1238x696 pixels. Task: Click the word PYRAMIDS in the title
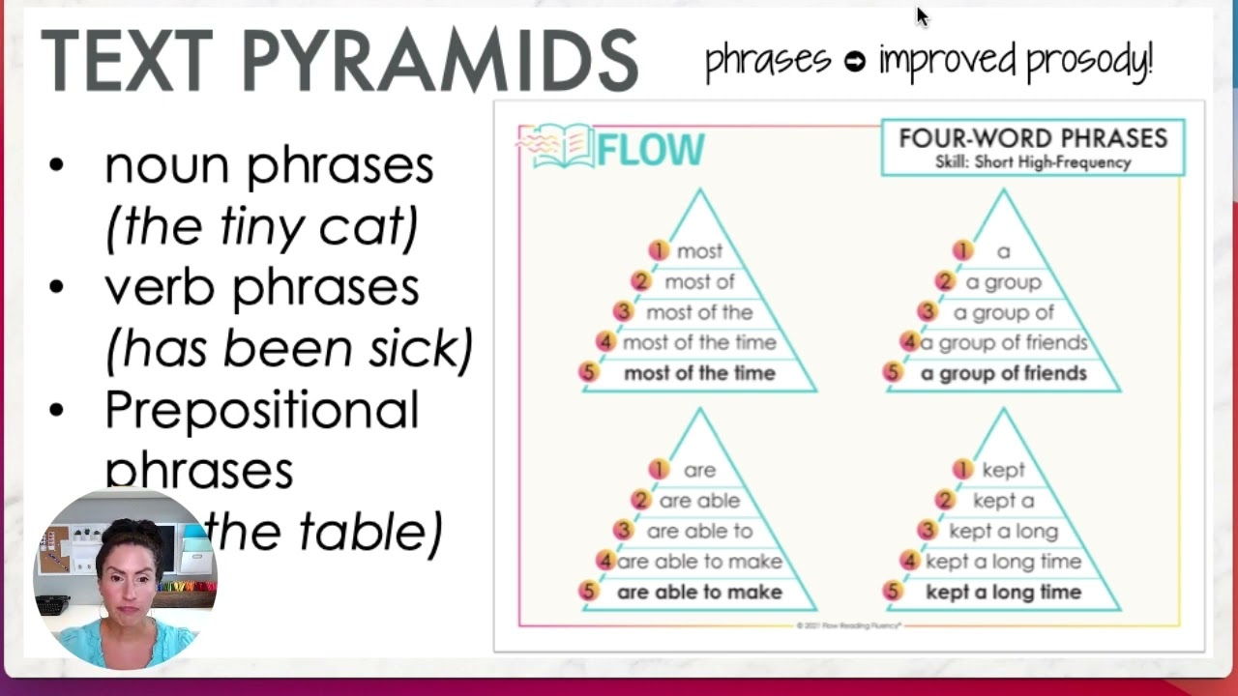tap(440, 60)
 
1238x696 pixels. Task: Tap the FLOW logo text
tap(650, 150)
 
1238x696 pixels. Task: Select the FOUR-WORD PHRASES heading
tap(1033, 138)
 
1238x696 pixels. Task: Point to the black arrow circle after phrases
tap(854, 62)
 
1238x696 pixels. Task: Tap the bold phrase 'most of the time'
tap(699, 373)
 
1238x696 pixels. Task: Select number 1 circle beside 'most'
tap(659, 251)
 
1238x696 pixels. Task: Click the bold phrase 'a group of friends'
tap(1003, 373)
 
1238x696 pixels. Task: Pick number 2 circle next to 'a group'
tap(944, 281)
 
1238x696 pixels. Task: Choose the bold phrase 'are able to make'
tap(699, 592)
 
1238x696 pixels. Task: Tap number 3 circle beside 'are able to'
tap(623, 531)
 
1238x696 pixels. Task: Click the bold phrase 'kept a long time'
tap(1003, 592)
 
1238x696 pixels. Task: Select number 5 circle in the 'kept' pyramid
tap(892, 592)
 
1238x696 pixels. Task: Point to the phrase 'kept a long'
tap(1003, 531)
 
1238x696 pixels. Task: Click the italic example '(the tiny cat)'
tap(261, 226)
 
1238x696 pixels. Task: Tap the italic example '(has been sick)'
tap(288, 348)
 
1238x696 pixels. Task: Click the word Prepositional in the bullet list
tap(261, 410)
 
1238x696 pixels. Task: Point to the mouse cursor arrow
tap(921, 15)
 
